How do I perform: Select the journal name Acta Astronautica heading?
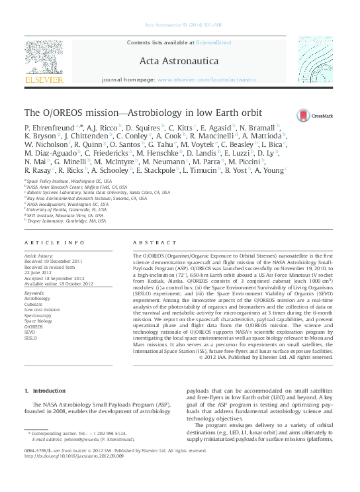pyautogui.click(x=180, y=61)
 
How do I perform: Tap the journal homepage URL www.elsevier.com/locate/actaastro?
pyautogui.click(x=206, y=79)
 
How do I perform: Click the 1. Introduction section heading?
pyautogui.click(x=45, y=391)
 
